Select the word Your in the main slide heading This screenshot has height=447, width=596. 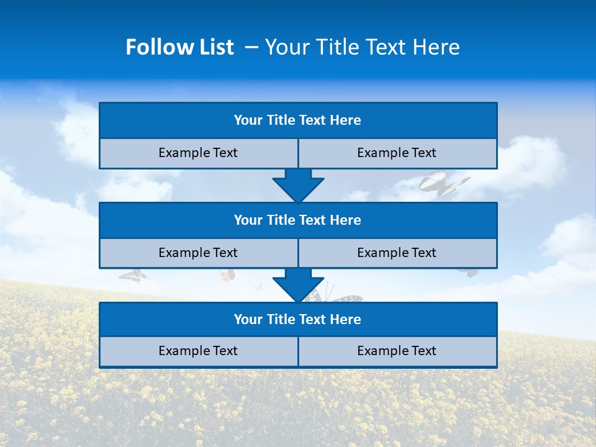287,47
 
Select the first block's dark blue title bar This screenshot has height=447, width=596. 298,120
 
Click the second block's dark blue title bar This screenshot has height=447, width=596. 298,220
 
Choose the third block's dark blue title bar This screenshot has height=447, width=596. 298,320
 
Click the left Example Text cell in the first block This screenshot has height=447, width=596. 199,153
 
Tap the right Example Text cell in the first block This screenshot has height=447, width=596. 397,153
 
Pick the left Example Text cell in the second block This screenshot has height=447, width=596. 199,253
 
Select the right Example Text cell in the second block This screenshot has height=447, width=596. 397,253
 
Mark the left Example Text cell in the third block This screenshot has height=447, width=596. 199,351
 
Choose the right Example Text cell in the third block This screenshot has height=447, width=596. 397,351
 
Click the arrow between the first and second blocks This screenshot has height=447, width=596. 298,185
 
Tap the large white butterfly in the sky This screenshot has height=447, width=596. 442,184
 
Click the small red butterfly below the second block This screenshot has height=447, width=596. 227,274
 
